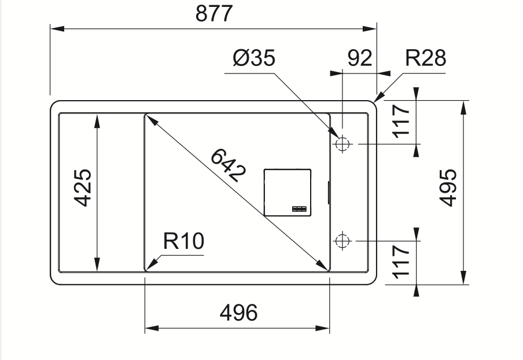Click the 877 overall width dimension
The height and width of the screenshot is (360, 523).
pos(213,13)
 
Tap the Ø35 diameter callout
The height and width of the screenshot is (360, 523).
pos(254,58)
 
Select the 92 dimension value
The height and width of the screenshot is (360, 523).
pos(359,58)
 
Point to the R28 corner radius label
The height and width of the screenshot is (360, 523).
pos(425,58)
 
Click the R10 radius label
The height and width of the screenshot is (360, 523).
pos(183,241)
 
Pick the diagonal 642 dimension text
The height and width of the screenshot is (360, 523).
pos(228,166)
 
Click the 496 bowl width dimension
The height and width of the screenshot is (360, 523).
pos(238,313)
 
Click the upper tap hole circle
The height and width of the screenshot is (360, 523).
pos(342,143)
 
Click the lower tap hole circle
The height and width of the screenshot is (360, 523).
pos(342,240)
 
